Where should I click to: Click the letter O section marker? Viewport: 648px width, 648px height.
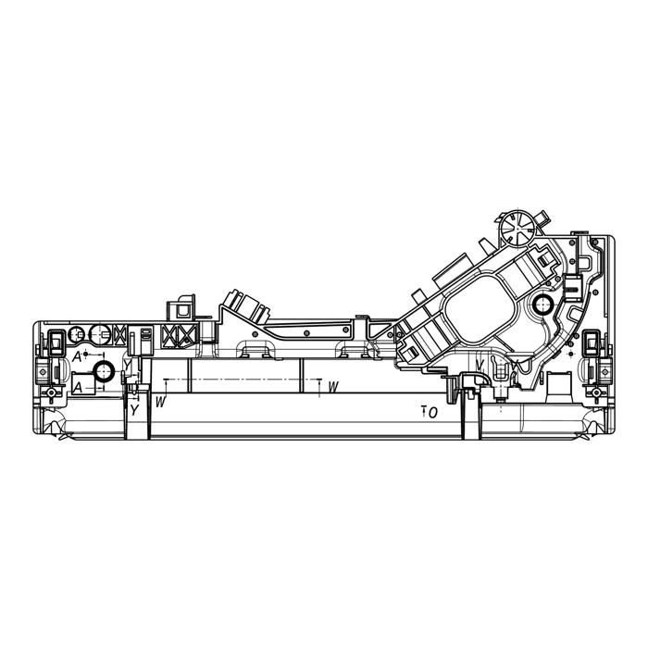click(432, 413)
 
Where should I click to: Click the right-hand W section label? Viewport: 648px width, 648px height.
click(333, 387)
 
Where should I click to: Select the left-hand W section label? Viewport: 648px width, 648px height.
click(160, 401)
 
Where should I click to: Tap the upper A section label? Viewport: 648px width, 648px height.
click(77, 357)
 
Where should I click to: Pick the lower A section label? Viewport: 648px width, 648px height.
click(77, 388)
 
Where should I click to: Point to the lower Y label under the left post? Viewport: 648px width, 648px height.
click(134, 410)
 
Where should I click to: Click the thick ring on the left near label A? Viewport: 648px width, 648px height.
click(104, 371)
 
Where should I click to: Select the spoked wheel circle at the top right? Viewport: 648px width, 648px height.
click(517, 228)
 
